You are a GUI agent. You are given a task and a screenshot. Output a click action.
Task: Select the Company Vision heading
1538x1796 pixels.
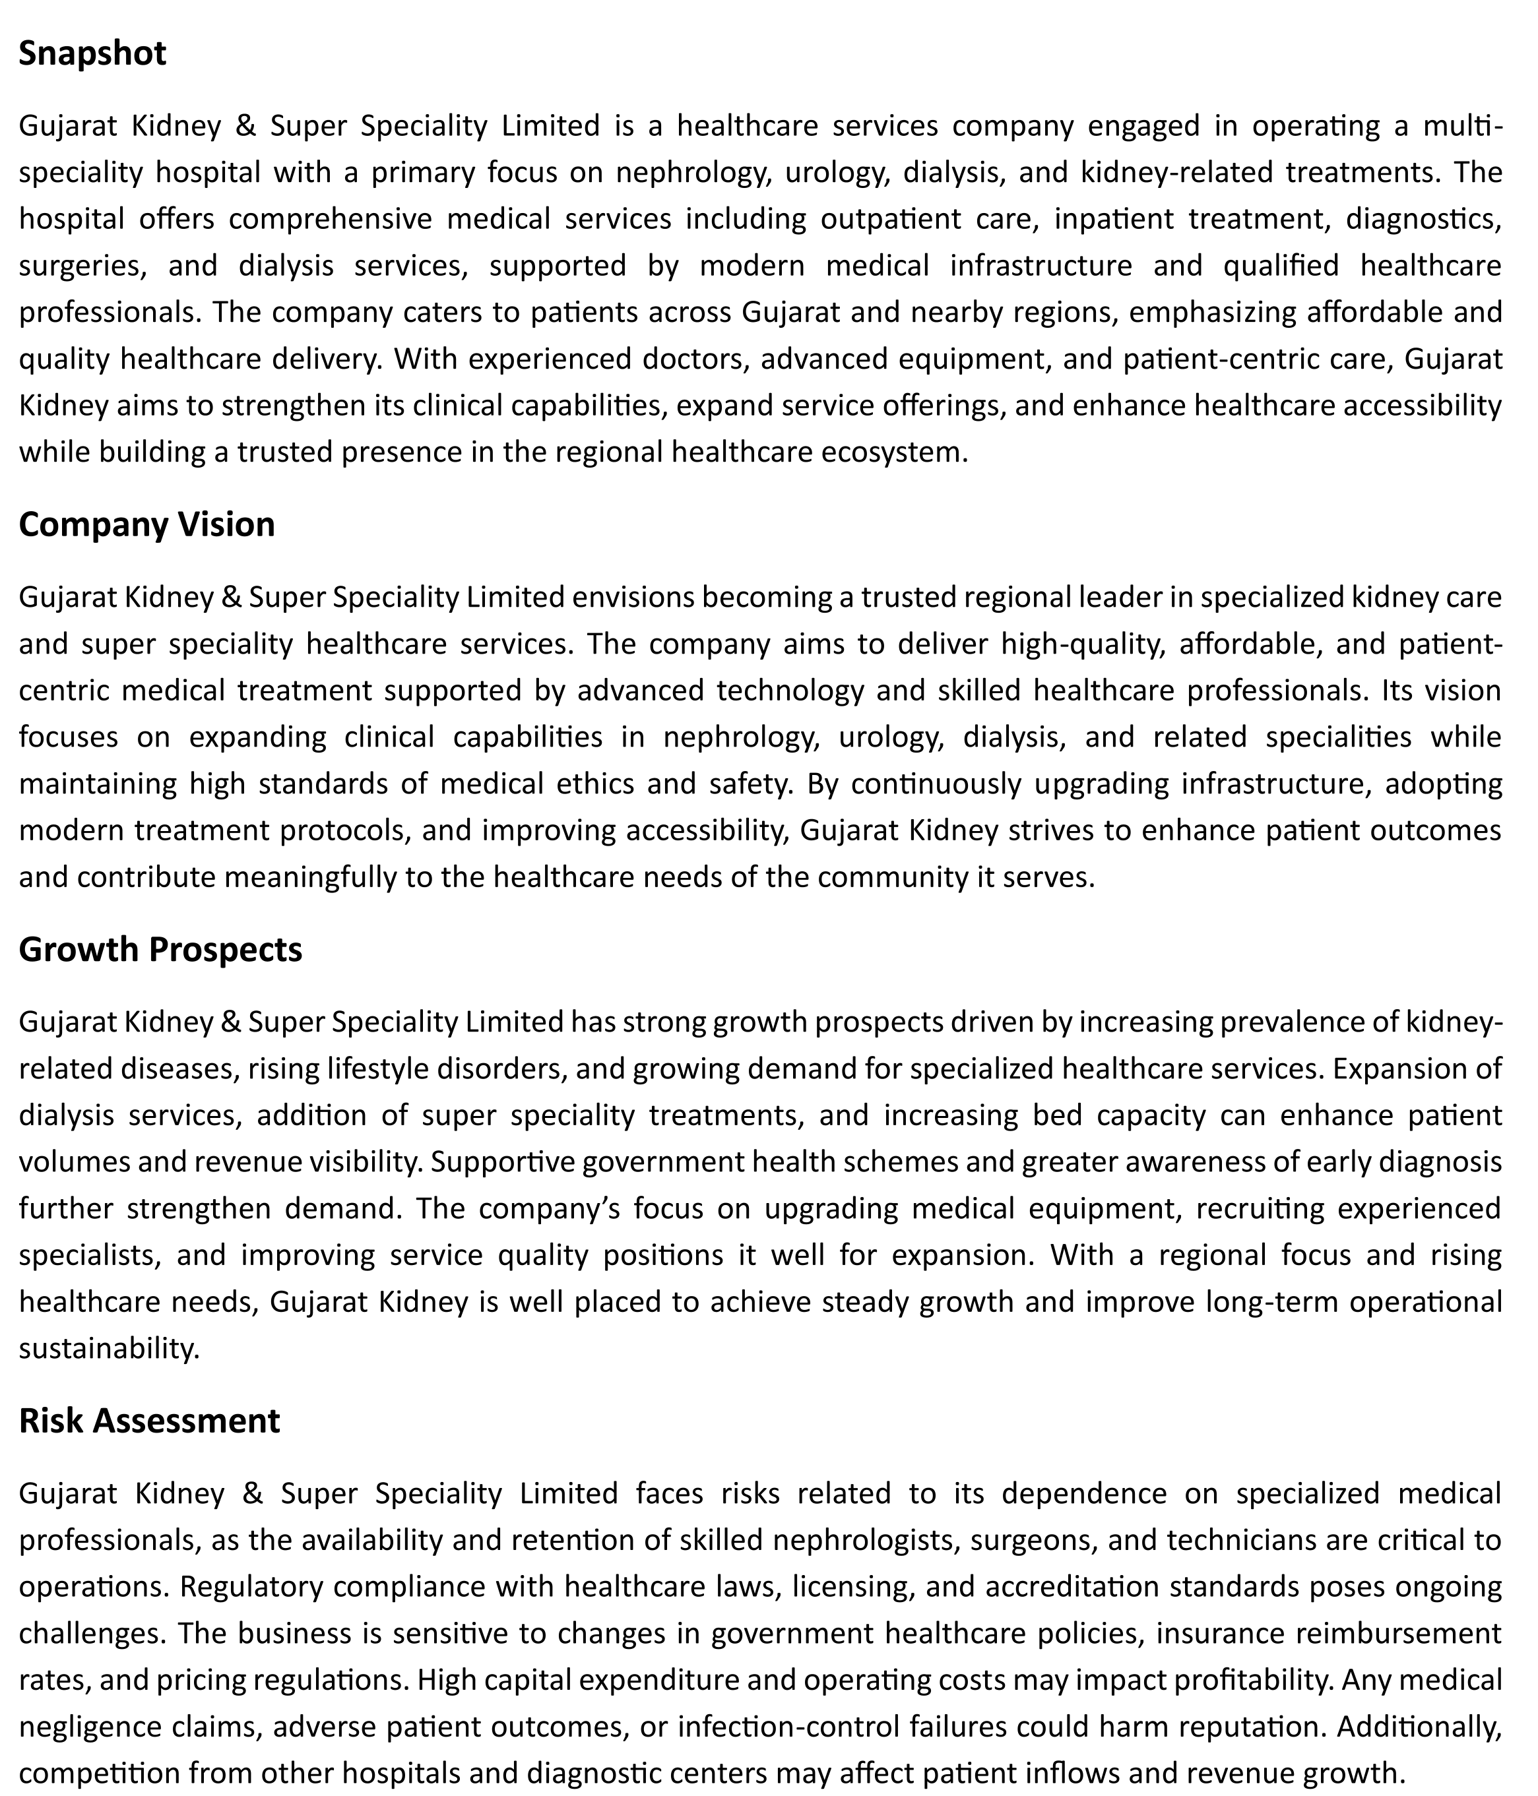[146, 525]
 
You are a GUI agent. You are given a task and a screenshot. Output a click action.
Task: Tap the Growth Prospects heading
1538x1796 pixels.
[160, 950]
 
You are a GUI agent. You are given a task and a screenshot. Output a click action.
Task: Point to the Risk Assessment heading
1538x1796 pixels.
[149, 1421]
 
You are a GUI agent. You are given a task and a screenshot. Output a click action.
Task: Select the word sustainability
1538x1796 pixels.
[110, 1349]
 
